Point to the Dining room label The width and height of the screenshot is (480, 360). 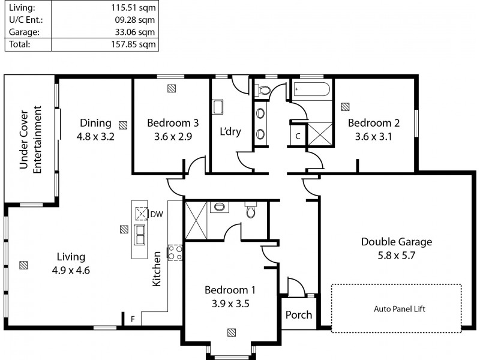click(x=95, y=123)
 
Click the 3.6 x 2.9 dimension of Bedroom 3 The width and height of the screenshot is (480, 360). click(x=173, y=136)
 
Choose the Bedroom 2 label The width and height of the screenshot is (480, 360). click(x=374, y=123)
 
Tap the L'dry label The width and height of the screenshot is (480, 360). click(x=230, y=131)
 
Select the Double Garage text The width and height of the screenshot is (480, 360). click(x=396, y=242)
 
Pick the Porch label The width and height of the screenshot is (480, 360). click(x=298, y=315)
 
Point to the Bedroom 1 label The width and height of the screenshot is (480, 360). click(x=230, y=290)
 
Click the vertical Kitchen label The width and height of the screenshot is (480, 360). click(x=157, y=269)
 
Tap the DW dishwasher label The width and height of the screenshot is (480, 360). click(x=156, y=214)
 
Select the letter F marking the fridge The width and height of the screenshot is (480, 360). click(x=133, y=319)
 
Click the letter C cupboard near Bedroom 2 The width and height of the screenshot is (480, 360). click(x=298, y=136)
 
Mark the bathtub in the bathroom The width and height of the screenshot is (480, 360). click(x=311, y=91)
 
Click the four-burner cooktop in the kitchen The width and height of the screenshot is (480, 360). click(x=175, y=253)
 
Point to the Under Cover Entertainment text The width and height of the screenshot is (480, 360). click(x=31, y=140)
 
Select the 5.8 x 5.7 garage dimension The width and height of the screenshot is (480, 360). click(x=396, y=255)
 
